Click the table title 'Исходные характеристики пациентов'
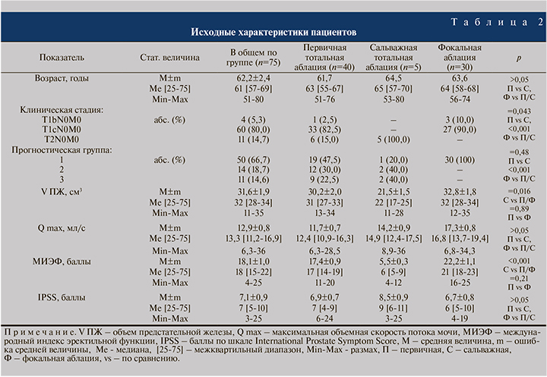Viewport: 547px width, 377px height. coord(273,33)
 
